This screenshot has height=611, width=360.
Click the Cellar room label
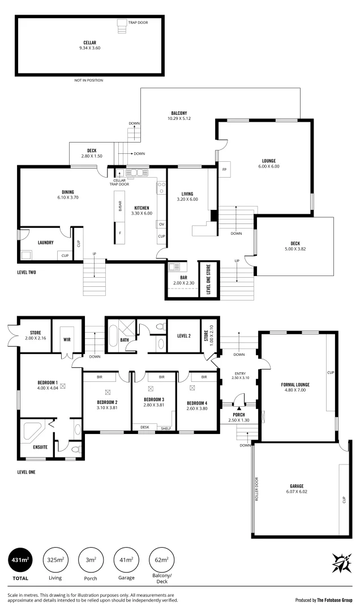(90, 42)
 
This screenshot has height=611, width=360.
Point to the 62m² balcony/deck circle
(161, 561)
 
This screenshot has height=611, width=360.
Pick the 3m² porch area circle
(91, 561)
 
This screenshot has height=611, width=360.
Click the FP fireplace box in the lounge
(224, 170)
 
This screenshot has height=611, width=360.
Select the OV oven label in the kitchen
(161, 224)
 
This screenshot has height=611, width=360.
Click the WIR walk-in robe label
(67, 339)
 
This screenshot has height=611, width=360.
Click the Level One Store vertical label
(208, 279)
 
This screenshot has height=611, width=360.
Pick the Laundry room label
(45, 243)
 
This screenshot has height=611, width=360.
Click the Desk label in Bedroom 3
(145, 427)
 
